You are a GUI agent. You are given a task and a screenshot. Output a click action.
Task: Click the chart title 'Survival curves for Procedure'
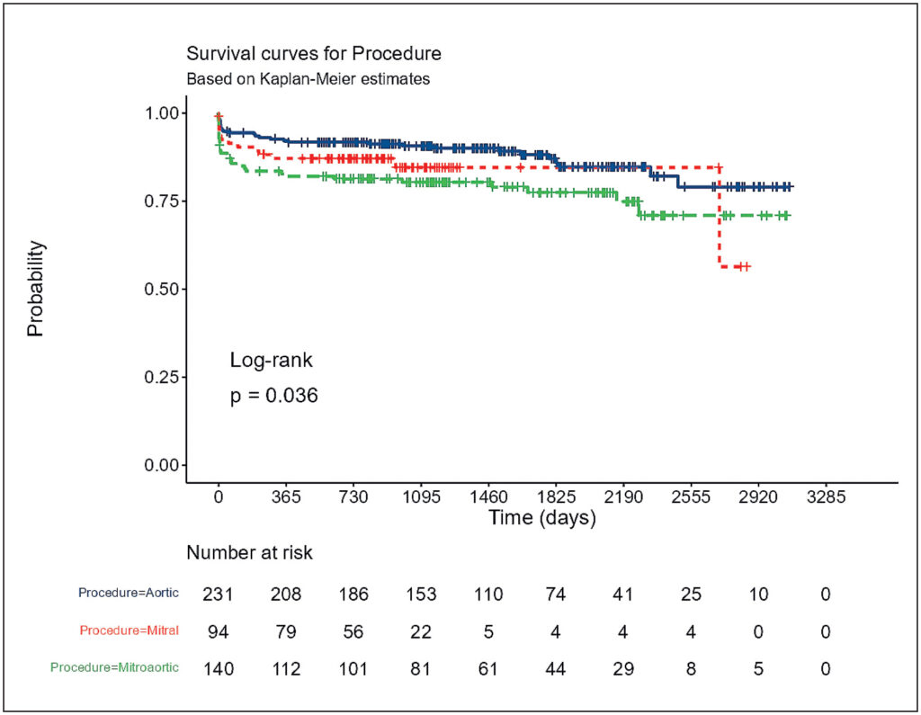314,53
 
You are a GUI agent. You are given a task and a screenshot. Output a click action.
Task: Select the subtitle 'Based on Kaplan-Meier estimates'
308,79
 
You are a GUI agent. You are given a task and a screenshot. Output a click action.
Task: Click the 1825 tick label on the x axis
556,497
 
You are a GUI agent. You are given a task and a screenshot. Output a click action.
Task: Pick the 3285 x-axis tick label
826,497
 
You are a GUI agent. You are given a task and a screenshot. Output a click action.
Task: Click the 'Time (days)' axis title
542,518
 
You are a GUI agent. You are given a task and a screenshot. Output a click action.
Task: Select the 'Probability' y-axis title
35,289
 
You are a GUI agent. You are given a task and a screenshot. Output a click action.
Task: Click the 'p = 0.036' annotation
273,396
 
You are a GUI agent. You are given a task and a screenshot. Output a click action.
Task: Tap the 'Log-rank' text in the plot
271,360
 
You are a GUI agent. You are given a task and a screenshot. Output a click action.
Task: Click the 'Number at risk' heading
250,553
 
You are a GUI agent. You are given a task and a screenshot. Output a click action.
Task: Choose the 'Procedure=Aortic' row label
129,593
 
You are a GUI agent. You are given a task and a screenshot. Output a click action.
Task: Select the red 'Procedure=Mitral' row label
130,630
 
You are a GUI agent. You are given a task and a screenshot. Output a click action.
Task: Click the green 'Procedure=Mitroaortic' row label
114,667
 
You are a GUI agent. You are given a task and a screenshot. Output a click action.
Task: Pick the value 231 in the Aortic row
218,594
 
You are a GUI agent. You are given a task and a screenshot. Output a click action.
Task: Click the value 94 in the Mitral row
218,632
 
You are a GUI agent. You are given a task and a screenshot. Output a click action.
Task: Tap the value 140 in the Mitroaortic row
218,669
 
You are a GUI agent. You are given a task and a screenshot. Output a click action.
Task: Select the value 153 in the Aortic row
421,594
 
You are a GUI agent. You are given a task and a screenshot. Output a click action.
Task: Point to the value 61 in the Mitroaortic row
488,669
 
